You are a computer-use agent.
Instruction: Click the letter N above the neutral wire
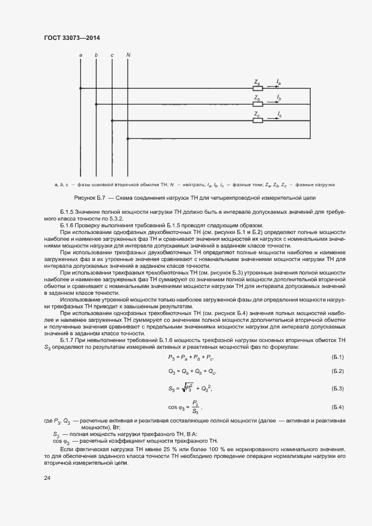(x=128, y=55)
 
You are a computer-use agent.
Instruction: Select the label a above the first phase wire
(x=81, y=55)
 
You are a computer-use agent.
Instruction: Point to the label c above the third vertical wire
(x=112, y=55)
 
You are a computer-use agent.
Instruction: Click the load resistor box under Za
(x=258, y=88)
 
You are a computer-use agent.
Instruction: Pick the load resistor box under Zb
(x=258, y=104)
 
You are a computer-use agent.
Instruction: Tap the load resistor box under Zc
(x=258, y=120)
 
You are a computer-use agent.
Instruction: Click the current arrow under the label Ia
(x=272, y=87)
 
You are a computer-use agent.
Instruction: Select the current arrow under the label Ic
(x=272, y=119)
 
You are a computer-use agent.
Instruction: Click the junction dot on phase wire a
(x=81, y=88)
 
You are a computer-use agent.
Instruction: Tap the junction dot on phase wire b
(x=97, y=104)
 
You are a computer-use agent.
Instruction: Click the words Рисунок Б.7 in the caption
(x=90, y=198)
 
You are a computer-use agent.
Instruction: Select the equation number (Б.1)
(x=338, y=357)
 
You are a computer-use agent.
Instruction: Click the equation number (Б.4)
(x=338, y=406)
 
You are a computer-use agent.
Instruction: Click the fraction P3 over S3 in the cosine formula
(x=195, y=406)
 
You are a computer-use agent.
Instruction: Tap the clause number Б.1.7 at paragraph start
(x=66, y=340)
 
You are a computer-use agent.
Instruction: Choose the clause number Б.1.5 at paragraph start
(x=66, y=209)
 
